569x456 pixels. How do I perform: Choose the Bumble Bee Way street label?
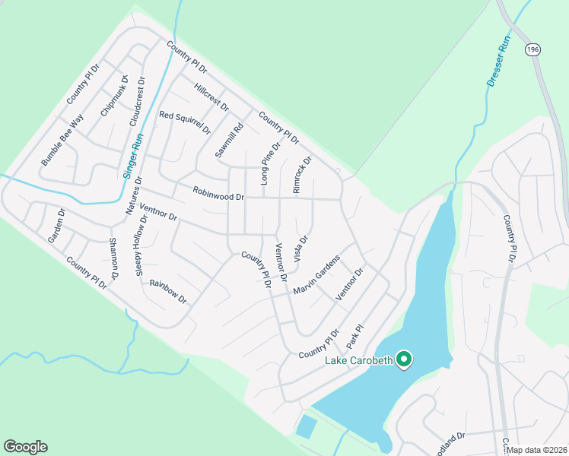62,141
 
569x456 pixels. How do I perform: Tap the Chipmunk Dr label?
115,95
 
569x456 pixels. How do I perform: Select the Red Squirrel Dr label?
184,122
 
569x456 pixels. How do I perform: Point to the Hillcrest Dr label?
211,97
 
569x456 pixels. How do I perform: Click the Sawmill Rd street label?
228,140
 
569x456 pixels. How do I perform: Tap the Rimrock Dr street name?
303,176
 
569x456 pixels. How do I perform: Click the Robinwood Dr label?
218,195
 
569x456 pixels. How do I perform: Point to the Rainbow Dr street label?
168,290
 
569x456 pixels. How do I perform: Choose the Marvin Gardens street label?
316,276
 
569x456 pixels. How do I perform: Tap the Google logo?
25,447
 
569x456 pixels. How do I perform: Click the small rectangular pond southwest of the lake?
306,426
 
